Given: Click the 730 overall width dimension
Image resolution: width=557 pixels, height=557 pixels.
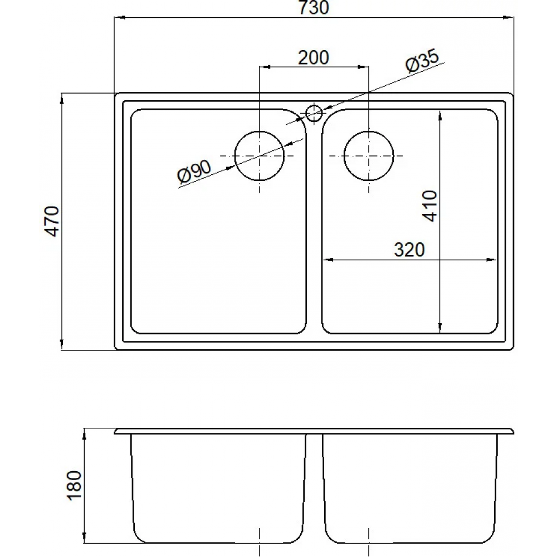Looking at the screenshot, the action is pyautogui.click(x=314, y=8).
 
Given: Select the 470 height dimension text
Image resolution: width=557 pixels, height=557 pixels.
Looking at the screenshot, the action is pyautogui.click(x=53, y=221).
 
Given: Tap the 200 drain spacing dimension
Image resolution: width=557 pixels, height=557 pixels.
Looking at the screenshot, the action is pyautogui.click(x=313, y=58).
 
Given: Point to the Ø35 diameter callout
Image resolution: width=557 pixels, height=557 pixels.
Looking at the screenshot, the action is pyautogui.click(x=422, y=61).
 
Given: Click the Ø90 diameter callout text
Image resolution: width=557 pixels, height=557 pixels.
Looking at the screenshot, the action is pyautogui.click(x=194, y=172).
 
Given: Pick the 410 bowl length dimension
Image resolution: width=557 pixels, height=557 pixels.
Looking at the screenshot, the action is pyautogui.click(x=430, y=206).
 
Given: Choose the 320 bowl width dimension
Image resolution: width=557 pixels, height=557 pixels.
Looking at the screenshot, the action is pyautogui.click(x=409, y=250).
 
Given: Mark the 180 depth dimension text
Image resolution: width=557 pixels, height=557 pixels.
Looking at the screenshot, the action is pyautogui.click(x=74, y=486).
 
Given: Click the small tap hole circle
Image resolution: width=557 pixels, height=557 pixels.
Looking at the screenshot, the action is pyautogui.click(x=314, y=113).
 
